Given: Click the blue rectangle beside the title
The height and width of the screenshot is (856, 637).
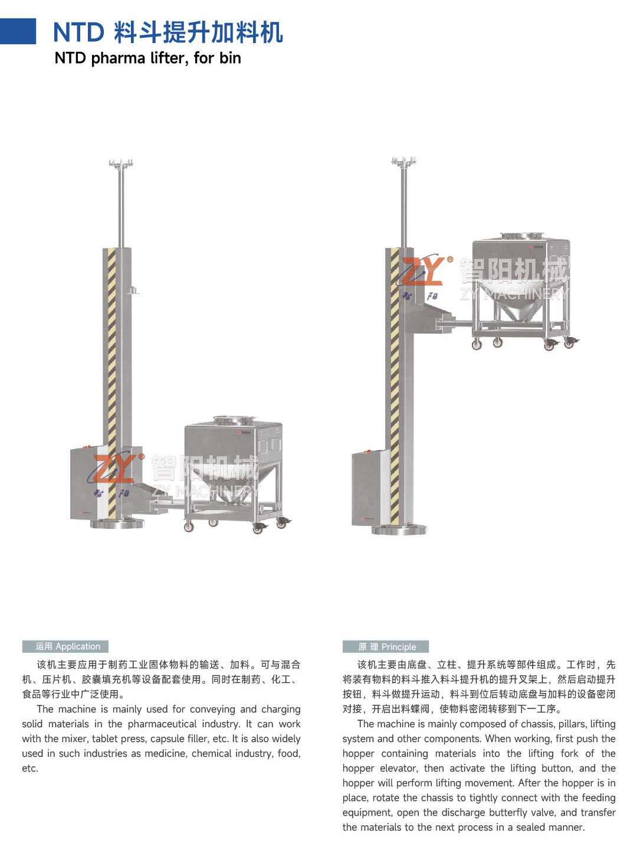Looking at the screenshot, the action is [x=18, y=31].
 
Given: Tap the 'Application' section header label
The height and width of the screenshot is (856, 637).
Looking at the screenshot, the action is [x=65, y=646].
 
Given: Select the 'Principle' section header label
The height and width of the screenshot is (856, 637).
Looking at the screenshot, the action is [x=386, y=646].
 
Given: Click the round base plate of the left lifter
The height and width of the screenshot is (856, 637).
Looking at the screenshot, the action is [x=117, y=523].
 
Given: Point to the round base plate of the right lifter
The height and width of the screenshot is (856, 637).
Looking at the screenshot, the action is [x=399, y=530].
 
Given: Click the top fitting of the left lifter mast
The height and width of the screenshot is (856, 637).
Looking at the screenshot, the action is [x=121, y=163].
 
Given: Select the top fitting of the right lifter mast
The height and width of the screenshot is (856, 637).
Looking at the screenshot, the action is [x=403, y=161].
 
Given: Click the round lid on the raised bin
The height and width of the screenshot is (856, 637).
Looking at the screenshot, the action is [x=522, y=236].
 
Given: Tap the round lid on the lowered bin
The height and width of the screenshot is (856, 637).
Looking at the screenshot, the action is [x=234, y=420].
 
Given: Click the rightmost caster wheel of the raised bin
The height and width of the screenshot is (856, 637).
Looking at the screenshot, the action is [x=570, y=343].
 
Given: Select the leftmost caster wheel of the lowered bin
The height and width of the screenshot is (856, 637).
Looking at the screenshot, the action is [x=189, y=527].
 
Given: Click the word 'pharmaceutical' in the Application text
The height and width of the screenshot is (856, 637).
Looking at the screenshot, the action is [x=162, y=724].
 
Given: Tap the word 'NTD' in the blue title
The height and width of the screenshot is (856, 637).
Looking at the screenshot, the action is [x=78, y=32].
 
